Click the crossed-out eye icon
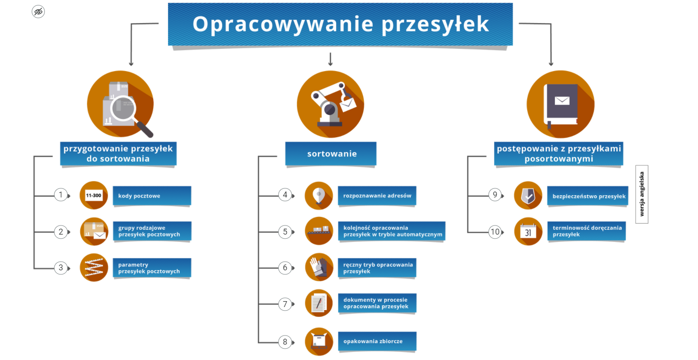39,12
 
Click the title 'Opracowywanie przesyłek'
340,24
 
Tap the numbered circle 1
61,195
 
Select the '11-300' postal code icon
94,195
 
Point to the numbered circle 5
285,232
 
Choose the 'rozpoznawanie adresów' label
377,196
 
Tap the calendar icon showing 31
528,231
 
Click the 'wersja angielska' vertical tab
642,194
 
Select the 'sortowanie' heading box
331,154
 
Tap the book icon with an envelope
561,104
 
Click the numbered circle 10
495,232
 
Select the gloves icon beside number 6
319,267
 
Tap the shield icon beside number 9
528,195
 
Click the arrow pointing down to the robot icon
330,59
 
